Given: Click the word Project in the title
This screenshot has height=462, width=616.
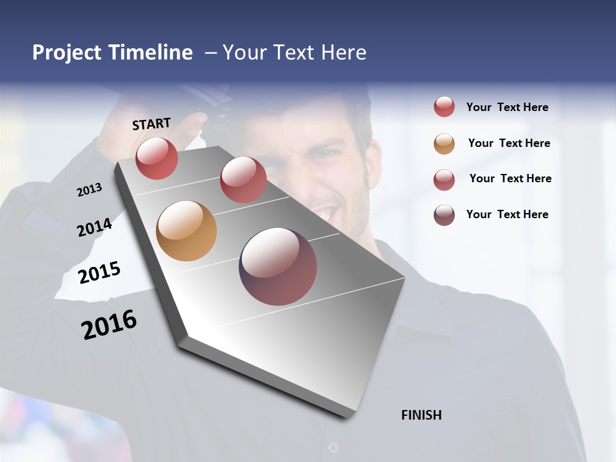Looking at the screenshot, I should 65,53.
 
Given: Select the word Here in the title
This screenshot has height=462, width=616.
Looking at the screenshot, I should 343,53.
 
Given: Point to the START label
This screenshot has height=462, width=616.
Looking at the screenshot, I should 151,124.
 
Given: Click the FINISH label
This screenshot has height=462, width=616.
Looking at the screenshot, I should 422,415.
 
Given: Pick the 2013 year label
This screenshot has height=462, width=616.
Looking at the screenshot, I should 89,190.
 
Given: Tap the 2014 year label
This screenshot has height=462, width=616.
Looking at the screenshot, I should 94,227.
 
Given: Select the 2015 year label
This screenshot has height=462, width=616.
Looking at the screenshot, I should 99,273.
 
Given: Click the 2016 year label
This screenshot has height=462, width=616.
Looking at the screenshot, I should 109,325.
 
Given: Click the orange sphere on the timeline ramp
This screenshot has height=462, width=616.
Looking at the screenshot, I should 186,231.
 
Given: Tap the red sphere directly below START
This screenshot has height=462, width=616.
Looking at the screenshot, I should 157,158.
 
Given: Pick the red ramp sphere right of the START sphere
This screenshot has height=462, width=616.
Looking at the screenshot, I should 243,180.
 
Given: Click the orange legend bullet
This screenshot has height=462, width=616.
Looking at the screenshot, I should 444,144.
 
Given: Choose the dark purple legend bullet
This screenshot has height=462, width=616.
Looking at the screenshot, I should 444,215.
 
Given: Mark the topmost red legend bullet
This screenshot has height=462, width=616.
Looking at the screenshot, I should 444,107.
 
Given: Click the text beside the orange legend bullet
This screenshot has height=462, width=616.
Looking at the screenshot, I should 509,143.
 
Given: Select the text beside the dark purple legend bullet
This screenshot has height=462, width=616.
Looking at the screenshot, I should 507,214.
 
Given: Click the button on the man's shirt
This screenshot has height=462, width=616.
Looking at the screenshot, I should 332,447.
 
